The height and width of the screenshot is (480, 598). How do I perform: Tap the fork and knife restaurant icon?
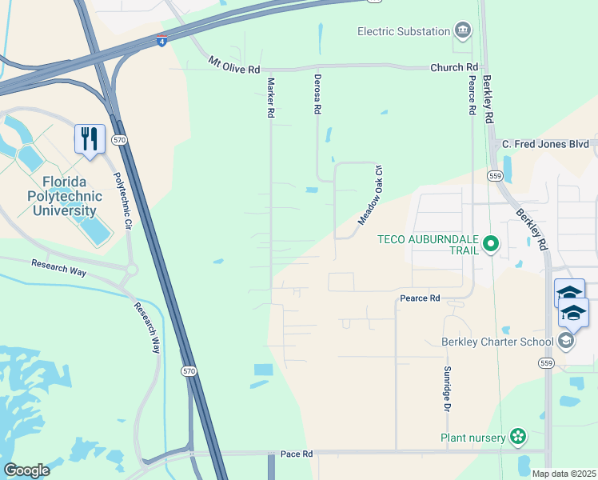tap(89, 138)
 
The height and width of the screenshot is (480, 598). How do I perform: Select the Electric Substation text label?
tap(404, 31)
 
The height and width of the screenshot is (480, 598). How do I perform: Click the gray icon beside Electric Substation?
tap(463, 31)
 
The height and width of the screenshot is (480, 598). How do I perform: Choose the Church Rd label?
tap(453, 67)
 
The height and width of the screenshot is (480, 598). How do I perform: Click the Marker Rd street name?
tap(271, 98)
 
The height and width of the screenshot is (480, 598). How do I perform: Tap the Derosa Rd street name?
tap(317, 96)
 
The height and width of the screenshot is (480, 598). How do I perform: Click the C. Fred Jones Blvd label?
tap(545, 144)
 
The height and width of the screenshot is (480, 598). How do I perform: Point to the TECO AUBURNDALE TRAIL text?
tap(429, 245)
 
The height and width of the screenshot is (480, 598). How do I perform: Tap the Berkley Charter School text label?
tap(497, 342)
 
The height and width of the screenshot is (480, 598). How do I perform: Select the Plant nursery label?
tap(473, 437)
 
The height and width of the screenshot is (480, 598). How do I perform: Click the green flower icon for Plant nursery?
tap(518, 437)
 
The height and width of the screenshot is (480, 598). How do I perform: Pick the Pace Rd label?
tap(296, 454)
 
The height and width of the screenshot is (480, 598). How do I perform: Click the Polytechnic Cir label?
tap(121, 202)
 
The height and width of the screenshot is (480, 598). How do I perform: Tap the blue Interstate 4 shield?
tap(161, 40)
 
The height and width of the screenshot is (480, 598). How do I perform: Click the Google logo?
tap(26, 470)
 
